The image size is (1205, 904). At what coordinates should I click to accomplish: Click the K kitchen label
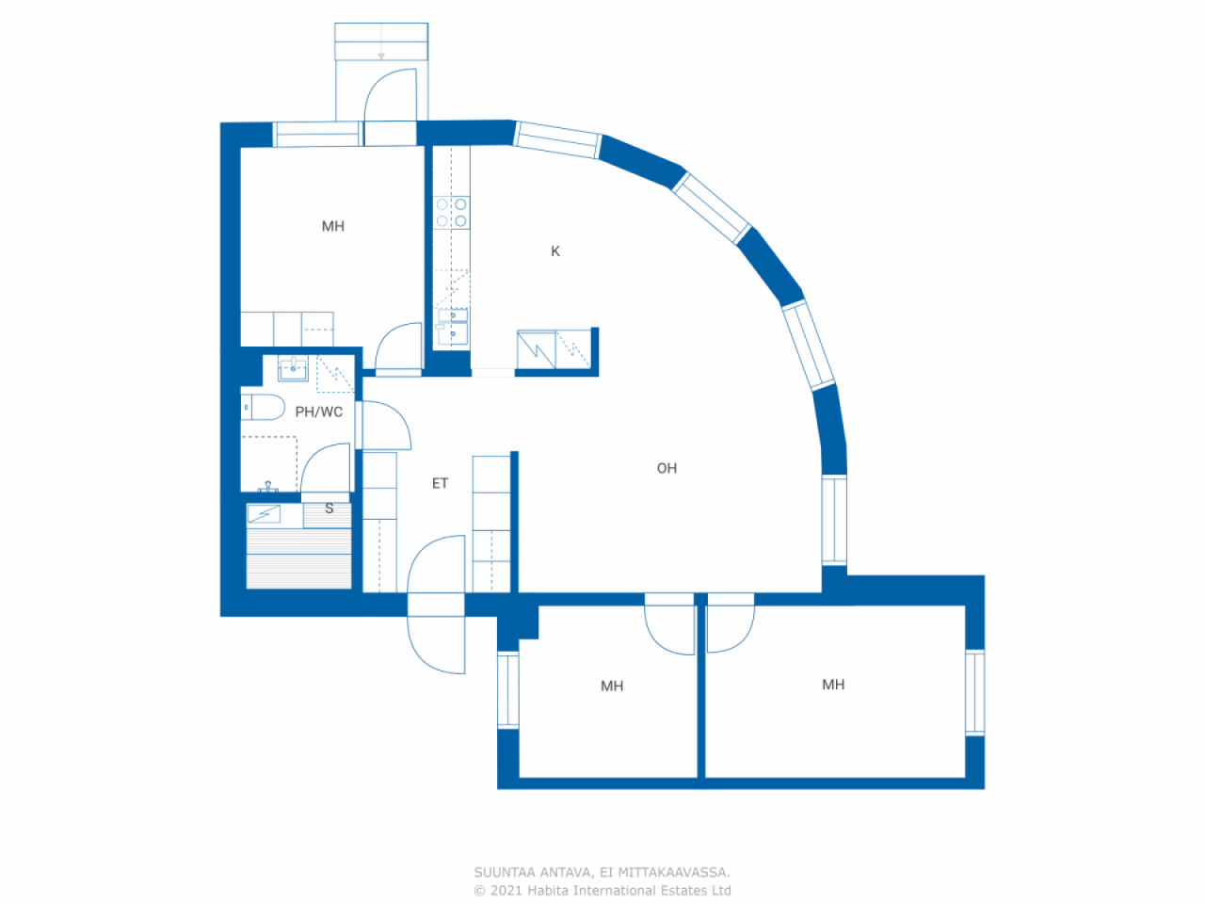pyautogui.click(x=555, y=251)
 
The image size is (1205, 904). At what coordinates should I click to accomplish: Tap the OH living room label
pyautogui.click(x=667, y=468)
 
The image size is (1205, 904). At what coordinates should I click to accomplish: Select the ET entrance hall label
pyautogui.click(x=440, y=484)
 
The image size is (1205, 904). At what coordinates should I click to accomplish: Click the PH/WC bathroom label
pyautogui.click(x=318, y=412)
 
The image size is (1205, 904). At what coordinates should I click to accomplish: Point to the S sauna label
pyautogui.click(x=329, y=508)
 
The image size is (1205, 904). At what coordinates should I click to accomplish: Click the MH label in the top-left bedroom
pyautogui.click(x=333, y=227)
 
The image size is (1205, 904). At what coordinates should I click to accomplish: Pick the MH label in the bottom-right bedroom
pyautogui.click(x=833, y=685)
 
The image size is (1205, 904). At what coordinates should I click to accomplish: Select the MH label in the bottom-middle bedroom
pyautogui.click(x=612, y=686)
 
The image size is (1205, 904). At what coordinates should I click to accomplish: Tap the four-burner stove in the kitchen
pyautogui.click(x=451, y=213)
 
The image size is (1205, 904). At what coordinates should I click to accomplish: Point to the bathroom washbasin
pyautogui.click(x=293, y=368)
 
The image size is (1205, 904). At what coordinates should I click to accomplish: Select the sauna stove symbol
pyautogui.click(x=264, y=514)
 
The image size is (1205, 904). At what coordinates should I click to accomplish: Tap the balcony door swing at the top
pyautogui.click(x=389, y=94)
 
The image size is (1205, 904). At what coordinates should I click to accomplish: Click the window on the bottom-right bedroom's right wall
pyautogui.click(x=974, y=692)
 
